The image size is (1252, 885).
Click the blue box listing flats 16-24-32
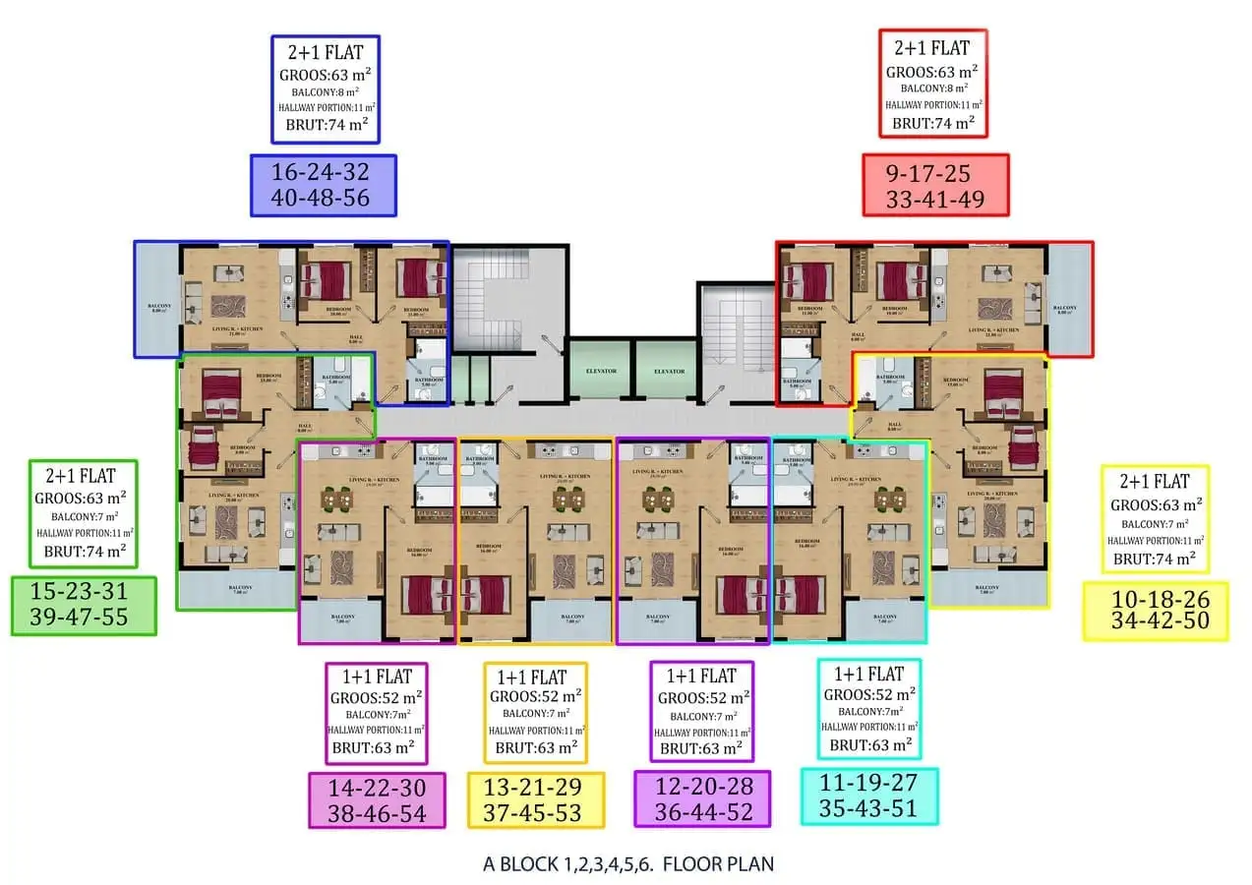click(x=323, y=185)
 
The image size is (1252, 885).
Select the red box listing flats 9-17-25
click(x=935, y=185)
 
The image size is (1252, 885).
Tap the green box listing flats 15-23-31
click(x=84, y=605)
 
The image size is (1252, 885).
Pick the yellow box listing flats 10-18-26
click(x=1156, y=611)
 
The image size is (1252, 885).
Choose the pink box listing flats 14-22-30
click(x=377, y=799)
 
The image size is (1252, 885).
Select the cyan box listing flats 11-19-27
click(x=868, y=796)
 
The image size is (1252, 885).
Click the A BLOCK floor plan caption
click(x=628, y=864)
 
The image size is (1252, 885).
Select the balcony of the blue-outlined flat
click(x=156, y=300)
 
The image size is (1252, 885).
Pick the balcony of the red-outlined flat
click(x=1069, y=300)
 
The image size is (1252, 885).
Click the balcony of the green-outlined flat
click(x=236, y=589)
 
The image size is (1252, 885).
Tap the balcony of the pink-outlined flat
click(x=340, y=620)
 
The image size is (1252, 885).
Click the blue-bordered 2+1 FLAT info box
click(x=326, y=89)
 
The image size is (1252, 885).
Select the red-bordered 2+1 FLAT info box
click(x=932, y=84)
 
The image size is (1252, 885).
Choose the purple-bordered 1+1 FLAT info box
click(x=701, y=711)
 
